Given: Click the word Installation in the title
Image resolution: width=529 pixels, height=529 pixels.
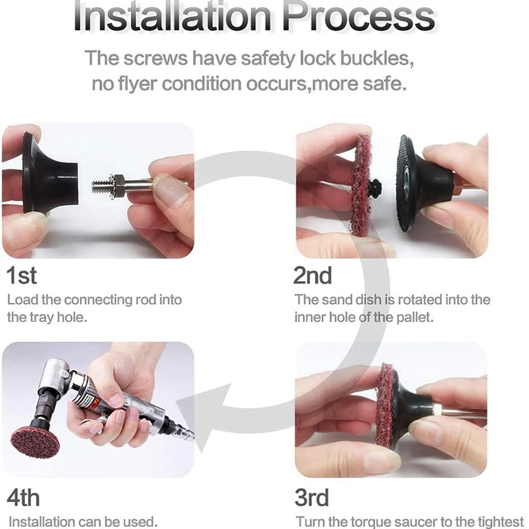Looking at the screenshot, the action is pos(172,16).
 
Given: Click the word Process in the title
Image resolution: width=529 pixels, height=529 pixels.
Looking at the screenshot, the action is pos(359,16).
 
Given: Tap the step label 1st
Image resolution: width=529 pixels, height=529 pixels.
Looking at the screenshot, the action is pos(21,275).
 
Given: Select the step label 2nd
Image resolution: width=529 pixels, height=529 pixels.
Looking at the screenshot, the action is pos(313,275).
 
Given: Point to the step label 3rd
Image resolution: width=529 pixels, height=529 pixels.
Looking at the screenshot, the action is pos(311,497).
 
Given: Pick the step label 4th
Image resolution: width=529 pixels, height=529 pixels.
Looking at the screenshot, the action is pos(23,497).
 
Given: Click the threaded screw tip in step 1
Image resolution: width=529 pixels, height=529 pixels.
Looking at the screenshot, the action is pos(100,186).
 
